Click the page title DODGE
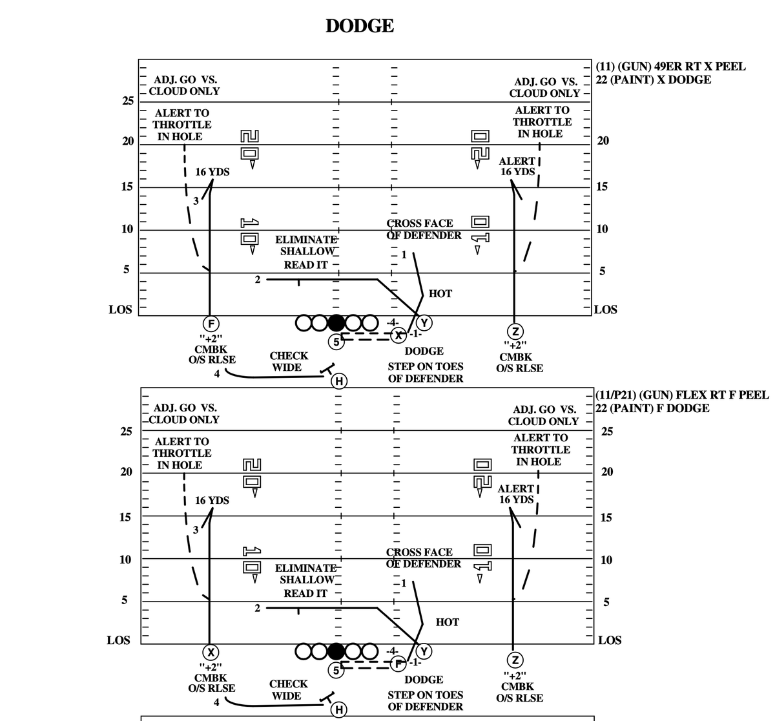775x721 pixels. point(360,26)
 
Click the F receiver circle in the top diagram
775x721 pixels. point(210,323)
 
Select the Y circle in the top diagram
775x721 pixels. point(424,323)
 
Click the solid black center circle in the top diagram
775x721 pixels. point(336,322)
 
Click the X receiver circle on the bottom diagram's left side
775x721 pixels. point(210,651)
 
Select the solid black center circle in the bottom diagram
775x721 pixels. point(336,651)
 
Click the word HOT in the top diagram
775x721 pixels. point(440,294)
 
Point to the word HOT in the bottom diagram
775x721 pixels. point(447,622)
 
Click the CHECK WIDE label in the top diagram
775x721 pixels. point(288,362)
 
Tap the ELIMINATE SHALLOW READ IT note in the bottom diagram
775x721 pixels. point(305,580)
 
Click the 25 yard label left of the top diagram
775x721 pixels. point(128,101)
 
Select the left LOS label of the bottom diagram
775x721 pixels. point(118,640)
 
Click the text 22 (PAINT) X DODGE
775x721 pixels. point(653,79)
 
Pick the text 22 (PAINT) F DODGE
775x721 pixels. point(652,408)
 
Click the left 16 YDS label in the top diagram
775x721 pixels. point(212,172)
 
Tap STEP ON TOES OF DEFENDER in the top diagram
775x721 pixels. point(425,372)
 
